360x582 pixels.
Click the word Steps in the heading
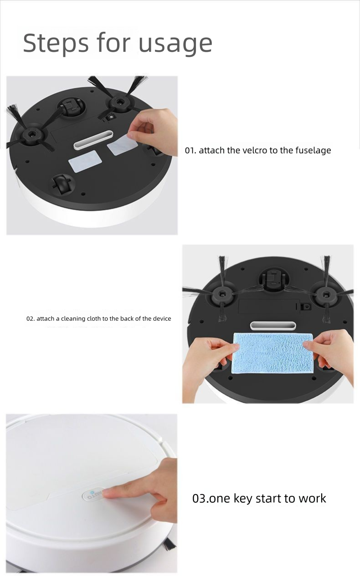[56, 42]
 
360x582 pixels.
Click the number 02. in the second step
[31, 318]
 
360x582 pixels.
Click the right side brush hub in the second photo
[325, 295]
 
